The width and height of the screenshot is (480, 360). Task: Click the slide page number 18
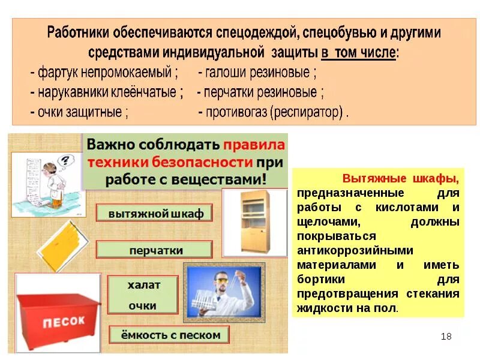[446, 336]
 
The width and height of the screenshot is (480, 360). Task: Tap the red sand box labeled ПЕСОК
[53, 320]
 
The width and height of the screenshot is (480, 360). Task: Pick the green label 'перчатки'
[155, 250]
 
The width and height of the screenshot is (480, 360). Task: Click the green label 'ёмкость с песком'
[165, 335]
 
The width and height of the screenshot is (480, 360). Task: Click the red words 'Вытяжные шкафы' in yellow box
[400, 179]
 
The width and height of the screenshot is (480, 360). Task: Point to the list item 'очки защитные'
[81, 112]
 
